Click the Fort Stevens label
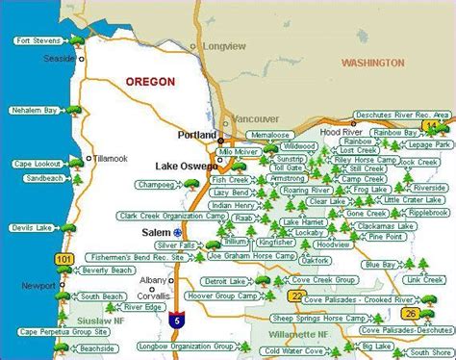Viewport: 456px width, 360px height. pos(37,39)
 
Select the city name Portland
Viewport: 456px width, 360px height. pos(198,136)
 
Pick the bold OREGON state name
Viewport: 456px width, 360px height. pos(150,82)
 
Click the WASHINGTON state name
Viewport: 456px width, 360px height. pos(373,63)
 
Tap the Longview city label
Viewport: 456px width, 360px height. pos(226,45)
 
